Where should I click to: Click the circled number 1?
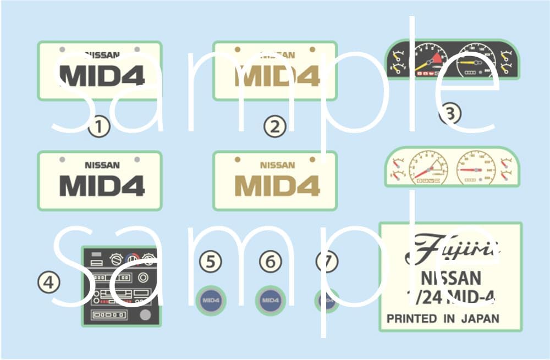(x=99, y=127)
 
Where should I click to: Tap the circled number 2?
(x=275, y=127)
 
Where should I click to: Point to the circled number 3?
(x=450, y=114)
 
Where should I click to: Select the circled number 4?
(x=48, y=283)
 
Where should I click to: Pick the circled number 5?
(x=211, y=262)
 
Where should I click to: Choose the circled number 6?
(x=269, y=262)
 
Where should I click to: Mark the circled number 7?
(x=327, y=262)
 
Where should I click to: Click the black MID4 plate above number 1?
(x=99, y=71)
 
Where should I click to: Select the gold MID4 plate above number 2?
(x=274, y=71)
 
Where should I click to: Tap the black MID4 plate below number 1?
(x=99, y=180)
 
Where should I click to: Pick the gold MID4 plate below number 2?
(x=274, y=180)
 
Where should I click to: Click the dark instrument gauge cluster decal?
(x=451, y=59)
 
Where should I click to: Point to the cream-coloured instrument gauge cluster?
(x=451, y=167)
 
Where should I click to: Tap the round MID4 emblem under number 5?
(x=211, y=301)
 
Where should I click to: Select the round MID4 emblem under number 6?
(x=269, y=301)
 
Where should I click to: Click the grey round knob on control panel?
(x=145, y=315)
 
